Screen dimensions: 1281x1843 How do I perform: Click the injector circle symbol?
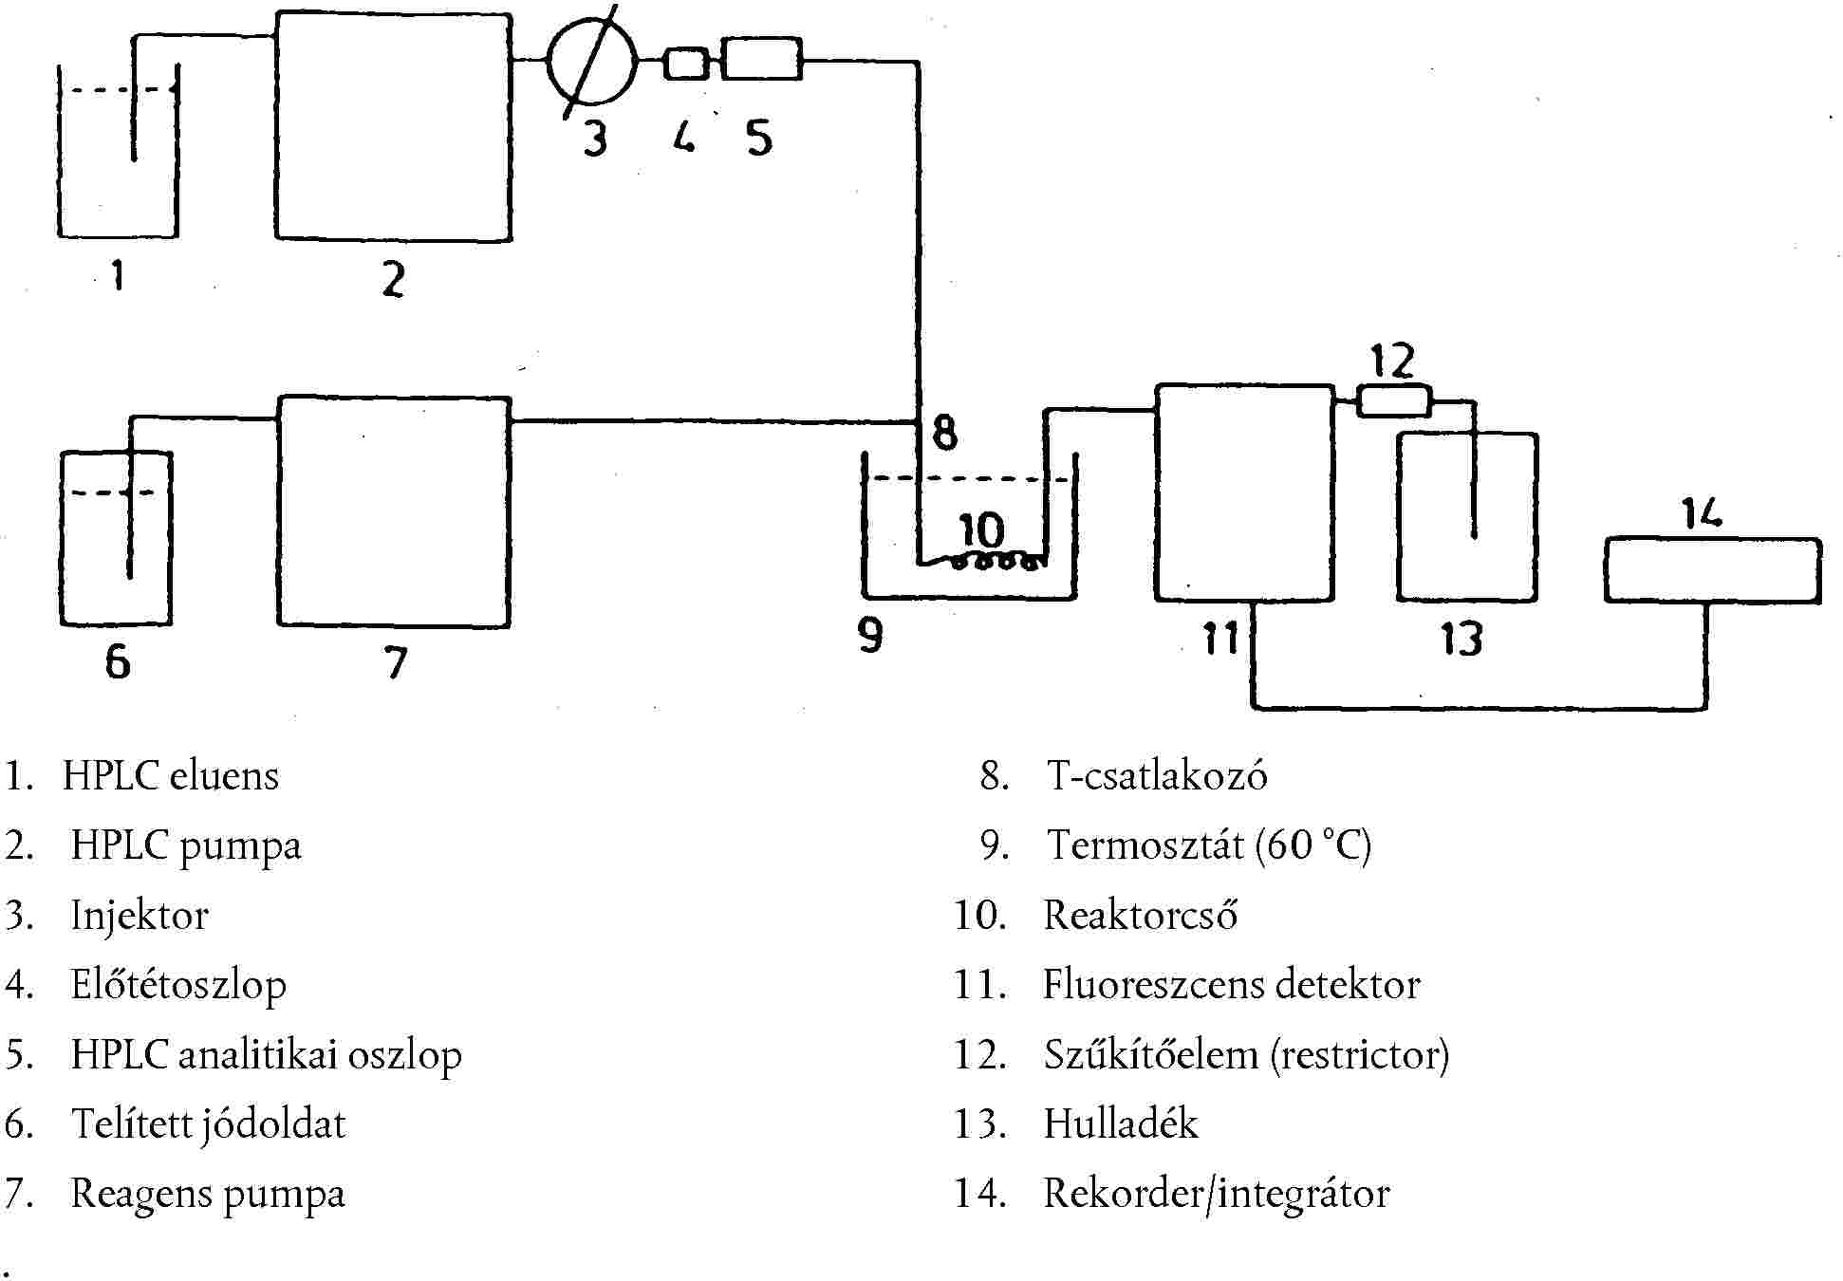pyautogui.click(x=592, y=61)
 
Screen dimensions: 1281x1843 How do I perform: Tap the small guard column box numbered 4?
pyautogui.click(x=686, y=64)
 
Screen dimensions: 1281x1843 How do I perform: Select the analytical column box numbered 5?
pyautogui.click(x=761, y=59)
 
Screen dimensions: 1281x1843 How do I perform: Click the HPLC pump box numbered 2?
pyautogui.click(x=394, y=127)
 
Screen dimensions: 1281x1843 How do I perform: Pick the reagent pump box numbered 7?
pyautogui.click(x=394, y=511)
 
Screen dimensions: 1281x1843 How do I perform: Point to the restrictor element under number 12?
pyautogui.click(x=1393, y=400)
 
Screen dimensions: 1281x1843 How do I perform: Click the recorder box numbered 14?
pyautogui.click(x=1712, y=570)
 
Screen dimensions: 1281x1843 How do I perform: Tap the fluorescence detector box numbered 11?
pyautogui.click(x=1244, y=492)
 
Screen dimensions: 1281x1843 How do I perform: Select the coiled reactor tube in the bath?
pyautogui.click(x=996, y=562)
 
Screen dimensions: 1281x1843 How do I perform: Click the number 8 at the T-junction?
pyautogui.click(x=944, y=433)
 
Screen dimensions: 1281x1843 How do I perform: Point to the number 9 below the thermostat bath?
pyautogui.click(x=870, y=635)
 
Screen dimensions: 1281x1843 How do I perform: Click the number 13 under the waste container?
pyautogui.click(x=1461, y=639)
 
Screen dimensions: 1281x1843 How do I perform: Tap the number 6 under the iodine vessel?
pyautogui.click(x=118, y=661)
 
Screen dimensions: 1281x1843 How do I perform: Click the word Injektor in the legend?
pyautogui.click(x=140, y=916)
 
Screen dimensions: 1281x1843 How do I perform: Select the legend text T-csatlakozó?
pyautogui.click(x=1157, y=776)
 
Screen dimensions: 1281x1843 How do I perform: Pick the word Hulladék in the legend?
pyautogui.click(x=1121, y=1124)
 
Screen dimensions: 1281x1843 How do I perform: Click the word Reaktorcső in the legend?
pyautogui.click(x=1140, y=916)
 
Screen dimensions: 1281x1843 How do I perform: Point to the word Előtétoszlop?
pyautogui.click(x=178, y=986)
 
